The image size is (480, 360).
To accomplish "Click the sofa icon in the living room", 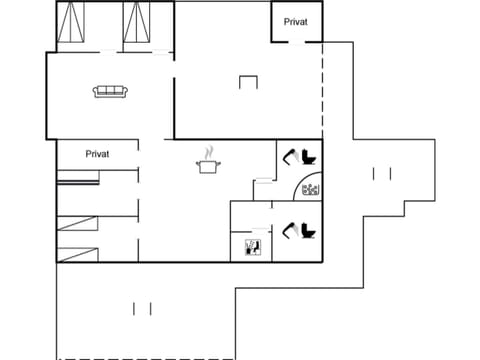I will pos(108,92).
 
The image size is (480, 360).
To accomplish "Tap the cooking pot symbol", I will pos(208,166).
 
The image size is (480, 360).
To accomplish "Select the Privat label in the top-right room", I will pos(296,21).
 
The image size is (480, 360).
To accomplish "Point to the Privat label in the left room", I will pos(97,154).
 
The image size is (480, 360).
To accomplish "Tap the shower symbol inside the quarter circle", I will pos(309,189).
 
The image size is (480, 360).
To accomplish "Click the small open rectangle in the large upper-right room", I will pos(249,83).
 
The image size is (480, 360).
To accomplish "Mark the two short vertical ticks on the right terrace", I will pos(381,174).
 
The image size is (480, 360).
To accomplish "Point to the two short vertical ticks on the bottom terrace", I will pos(142,308).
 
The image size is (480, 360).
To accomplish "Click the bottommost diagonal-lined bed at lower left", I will pos(77,250).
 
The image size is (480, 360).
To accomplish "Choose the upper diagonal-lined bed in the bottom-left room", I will pos(77,224).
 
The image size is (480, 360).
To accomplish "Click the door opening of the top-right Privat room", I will pos(296,42).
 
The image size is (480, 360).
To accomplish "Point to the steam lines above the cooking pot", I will pos(208,153).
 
